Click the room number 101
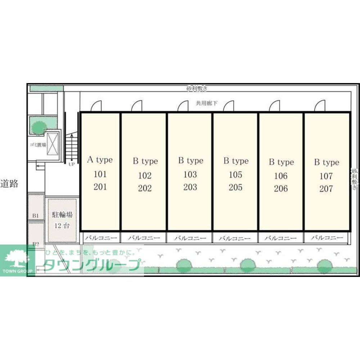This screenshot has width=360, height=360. pos(100,175)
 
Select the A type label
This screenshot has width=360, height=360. pos(100,160)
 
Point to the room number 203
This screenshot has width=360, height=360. pos(190,187)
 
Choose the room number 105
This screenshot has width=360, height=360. pos(235,175)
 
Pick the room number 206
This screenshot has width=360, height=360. pos(281,188)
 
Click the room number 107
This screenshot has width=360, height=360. pos(326,176)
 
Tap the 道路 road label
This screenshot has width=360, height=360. pos(9,184)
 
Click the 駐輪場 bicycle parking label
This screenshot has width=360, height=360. pos(62,215)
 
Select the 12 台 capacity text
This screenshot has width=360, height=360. pos(62,226)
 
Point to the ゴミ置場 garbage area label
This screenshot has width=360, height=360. pos(38,145)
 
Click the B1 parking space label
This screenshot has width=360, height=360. pos(35,215)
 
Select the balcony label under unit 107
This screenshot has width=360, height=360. pos(327,238)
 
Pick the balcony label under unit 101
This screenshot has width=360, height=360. pos(101,238)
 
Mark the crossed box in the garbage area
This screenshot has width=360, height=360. pos(53,144)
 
